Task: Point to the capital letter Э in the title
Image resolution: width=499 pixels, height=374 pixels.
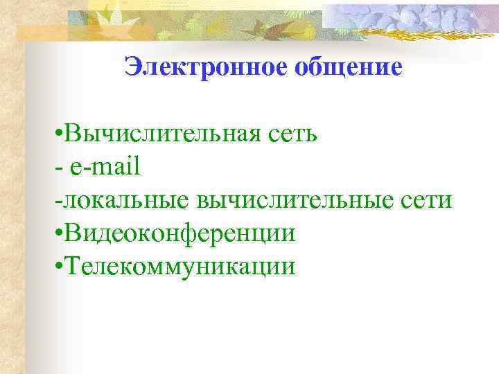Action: pyautogui.click(x=132, y=66)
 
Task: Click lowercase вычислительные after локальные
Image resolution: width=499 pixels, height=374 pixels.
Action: pyautogui.click(x=295, y=201)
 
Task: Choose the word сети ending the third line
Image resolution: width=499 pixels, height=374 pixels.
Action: pyautogui.click(x=427, y=201)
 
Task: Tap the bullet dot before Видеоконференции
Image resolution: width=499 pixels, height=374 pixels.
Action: pyautogui.click(x=55, y=234)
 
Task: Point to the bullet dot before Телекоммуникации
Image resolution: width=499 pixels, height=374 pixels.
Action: pyautogui.click(x=55, y=267)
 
